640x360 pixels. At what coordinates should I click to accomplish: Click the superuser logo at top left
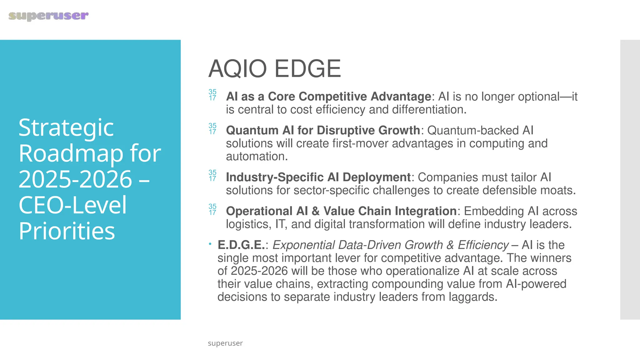click(48, 16)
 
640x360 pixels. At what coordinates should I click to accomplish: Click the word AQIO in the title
click(237, 69)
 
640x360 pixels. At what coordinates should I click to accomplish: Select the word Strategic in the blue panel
click(66, 128)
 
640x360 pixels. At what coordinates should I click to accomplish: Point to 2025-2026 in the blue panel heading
click(75, 179)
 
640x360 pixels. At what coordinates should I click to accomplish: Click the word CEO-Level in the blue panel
click(72, 205)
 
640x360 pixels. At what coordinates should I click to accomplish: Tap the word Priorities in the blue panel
click(67, 231)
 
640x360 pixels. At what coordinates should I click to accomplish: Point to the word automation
click(257, 156)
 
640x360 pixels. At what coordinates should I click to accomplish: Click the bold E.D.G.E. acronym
click(241, 245)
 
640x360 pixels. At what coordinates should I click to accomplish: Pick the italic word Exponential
click(303, 245)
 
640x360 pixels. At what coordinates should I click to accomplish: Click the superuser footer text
click(225, 343)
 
